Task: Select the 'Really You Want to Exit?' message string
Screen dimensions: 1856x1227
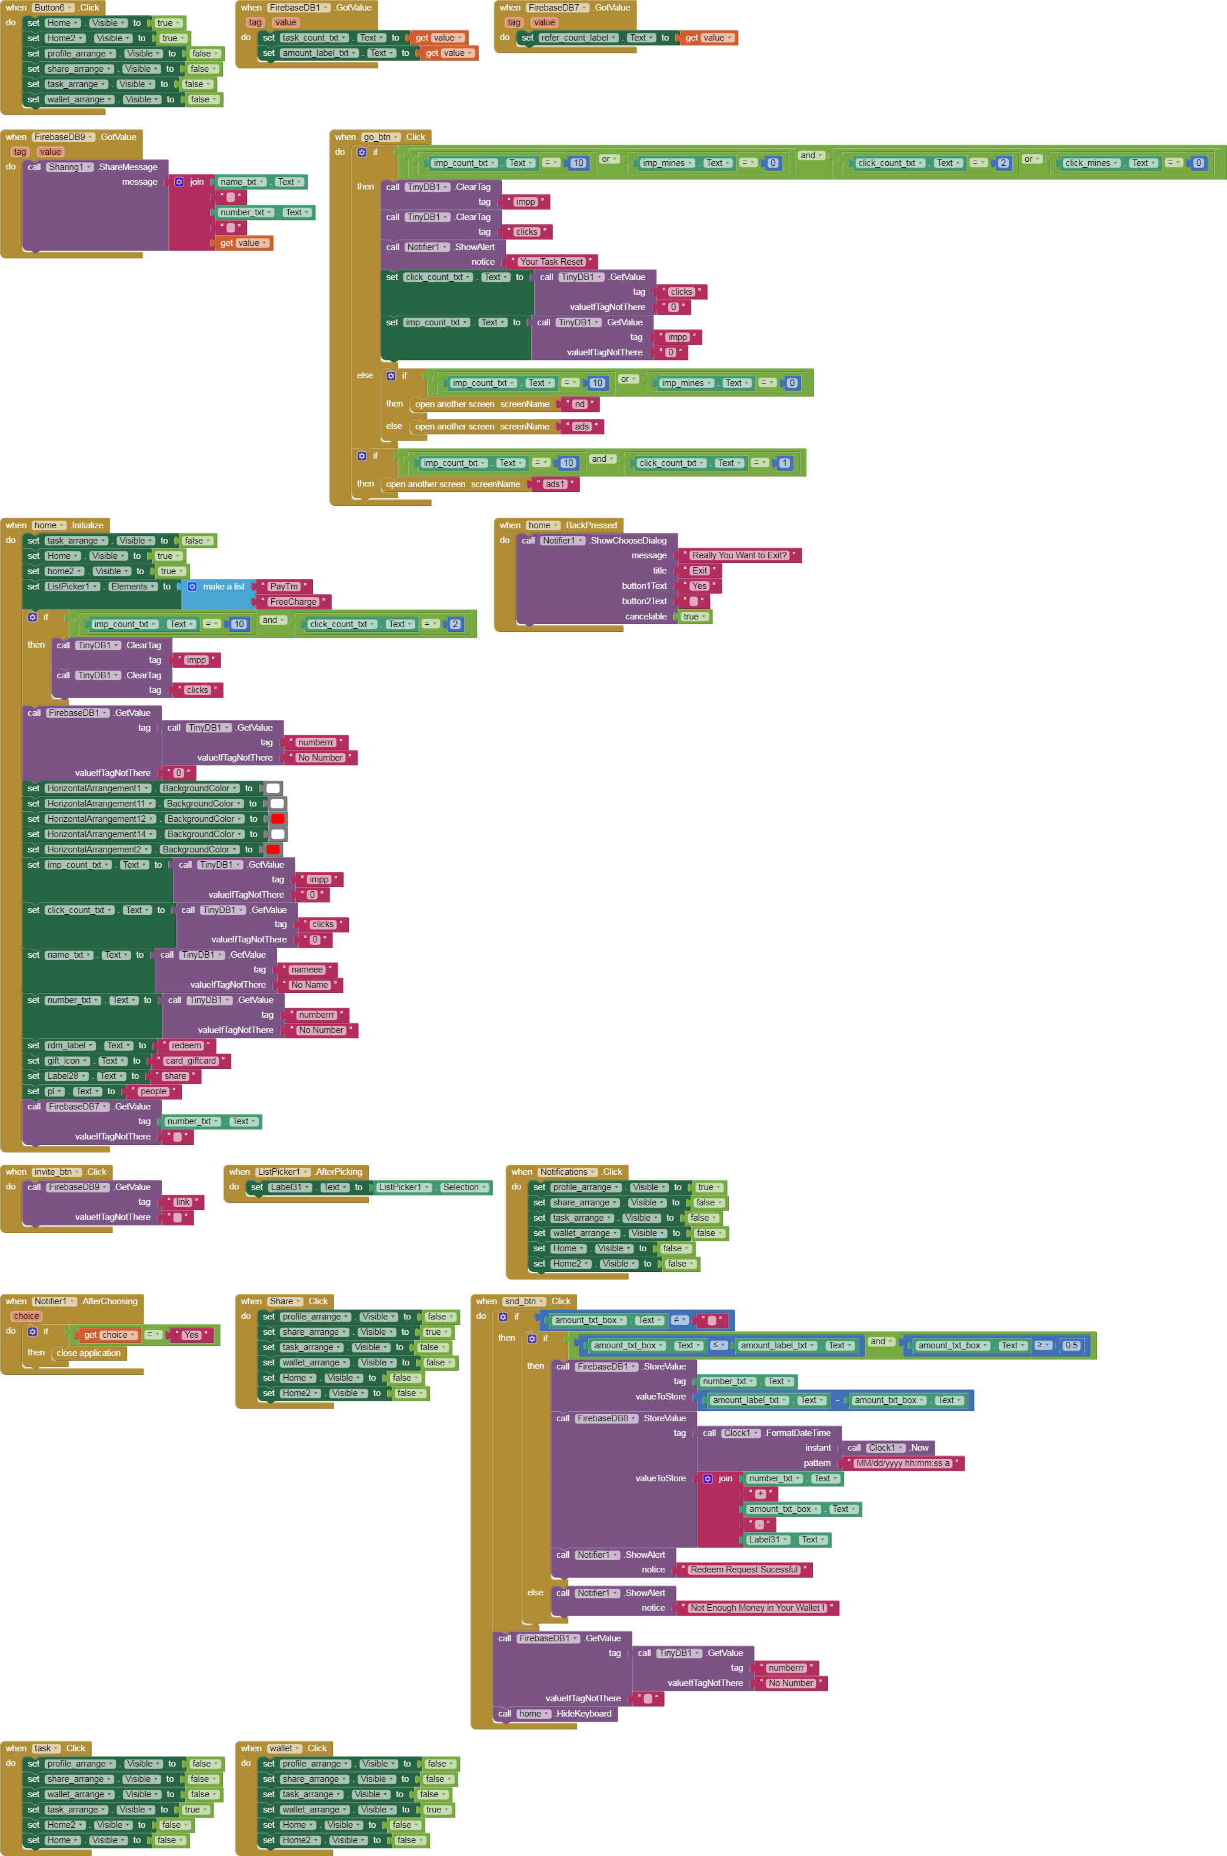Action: click(739, 555)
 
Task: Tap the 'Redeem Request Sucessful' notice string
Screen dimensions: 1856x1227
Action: click(743, 1570)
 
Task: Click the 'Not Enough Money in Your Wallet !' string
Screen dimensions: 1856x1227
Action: click(756, 1608)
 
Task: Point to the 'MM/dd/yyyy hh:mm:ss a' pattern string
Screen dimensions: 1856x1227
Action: click(902, 1463)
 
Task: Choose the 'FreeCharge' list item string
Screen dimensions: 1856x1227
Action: click(293, 602)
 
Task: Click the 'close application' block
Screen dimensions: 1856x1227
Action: click(88, 1353)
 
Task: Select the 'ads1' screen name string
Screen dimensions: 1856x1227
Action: click(554, 484)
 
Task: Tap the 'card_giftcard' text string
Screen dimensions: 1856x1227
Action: click(190, 1061)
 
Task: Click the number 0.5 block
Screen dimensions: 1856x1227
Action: click(1071, 1346)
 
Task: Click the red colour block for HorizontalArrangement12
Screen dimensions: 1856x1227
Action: click(278, 819)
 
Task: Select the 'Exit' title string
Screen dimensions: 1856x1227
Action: click(699, 571)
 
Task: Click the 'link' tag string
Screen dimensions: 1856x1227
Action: click(182, 1202)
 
